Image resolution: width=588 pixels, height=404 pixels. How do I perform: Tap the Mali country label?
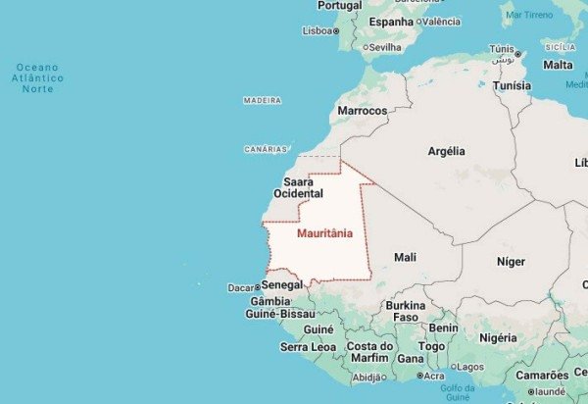(405, 257)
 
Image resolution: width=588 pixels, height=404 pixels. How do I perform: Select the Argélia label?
(447, 151)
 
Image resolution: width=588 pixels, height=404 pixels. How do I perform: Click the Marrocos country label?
(362, 111)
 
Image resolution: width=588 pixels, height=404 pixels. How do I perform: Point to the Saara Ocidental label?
(298, 188)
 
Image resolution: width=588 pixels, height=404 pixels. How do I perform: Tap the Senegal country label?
(282, 284)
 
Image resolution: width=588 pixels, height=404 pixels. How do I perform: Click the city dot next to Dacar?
(259, 288)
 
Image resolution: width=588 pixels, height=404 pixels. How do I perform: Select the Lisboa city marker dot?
(337, 30)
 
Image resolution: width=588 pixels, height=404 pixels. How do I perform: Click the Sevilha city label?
(385, 46)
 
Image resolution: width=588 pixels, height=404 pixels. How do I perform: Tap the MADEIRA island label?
(262, 100)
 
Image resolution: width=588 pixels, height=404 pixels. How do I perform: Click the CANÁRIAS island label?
(266, 149)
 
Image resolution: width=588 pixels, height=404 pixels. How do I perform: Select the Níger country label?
(511, 262)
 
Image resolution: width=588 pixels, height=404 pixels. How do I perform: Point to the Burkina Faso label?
(406, 312)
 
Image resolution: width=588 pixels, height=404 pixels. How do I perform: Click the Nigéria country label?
(498, 337)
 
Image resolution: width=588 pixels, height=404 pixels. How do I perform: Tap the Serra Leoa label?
(308, 347)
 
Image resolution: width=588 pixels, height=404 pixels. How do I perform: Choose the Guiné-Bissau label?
(279, 314)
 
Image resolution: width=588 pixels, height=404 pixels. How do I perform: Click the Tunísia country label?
(512, 85)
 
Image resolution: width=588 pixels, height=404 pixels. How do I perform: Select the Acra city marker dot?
(419, 376)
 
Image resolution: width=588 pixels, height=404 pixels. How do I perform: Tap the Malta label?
(559, 65)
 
